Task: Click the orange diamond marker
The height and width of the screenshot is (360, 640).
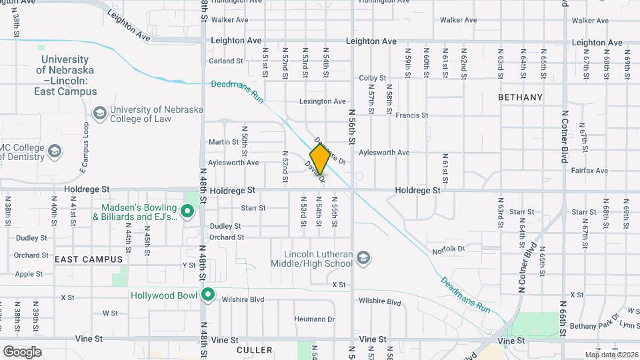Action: pos(320,159)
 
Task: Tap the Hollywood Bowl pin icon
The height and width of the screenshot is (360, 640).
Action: pos(208,294)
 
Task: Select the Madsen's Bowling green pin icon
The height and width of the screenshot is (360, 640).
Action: pos(187,211)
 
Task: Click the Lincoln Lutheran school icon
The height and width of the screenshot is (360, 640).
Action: pos(363,258)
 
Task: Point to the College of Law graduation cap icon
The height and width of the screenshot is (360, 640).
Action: pos(100,113)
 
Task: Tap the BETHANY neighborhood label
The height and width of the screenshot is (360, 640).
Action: pos(521,97)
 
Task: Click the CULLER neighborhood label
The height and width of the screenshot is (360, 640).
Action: pos(255,350)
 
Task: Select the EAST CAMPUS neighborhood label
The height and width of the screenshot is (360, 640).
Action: pos(89,259)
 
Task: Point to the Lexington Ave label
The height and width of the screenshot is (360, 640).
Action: pos(323,101)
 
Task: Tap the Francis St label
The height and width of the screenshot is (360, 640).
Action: pos(411,115)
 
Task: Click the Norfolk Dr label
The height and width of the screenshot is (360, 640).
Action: pos(447,250)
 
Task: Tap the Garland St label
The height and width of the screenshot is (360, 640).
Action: pos(226,61)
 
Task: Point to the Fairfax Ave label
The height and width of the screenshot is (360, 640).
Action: pos(589,171)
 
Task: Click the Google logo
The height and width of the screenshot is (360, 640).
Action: pos(22,351)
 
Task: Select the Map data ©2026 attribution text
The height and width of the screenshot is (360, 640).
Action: pos(611,355)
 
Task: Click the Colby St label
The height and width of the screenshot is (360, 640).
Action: pos(373,78)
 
